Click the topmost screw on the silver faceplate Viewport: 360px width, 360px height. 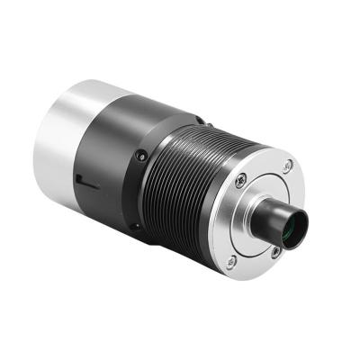[287, 166]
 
